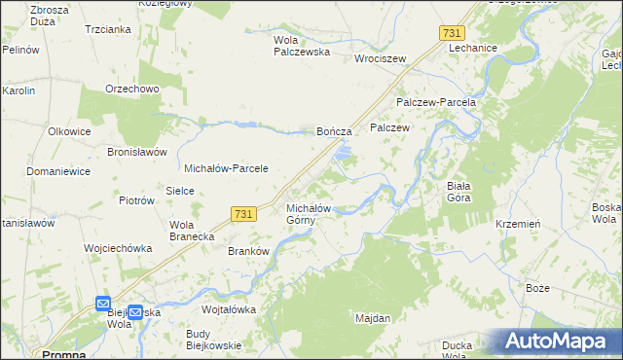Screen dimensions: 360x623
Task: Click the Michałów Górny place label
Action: tap(311, 214)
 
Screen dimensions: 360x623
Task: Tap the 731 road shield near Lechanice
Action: tap(451, 33)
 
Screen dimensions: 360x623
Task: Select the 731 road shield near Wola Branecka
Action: tap(244, 213)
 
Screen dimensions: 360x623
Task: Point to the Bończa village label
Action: tap(334, 130)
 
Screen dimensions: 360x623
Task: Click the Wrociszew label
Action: tap(380, 57)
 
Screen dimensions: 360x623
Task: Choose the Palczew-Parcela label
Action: tap(435, 102)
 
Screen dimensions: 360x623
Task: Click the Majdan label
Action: tap(373, 319)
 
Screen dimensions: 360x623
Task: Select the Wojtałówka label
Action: tap(228, 309)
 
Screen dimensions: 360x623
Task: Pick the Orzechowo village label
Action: tap(131, 90)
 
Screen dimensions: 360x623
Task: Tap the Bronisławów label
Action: tap(138, 152)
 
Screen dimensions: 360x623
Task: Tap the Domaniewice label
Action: tap(57, 171)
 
